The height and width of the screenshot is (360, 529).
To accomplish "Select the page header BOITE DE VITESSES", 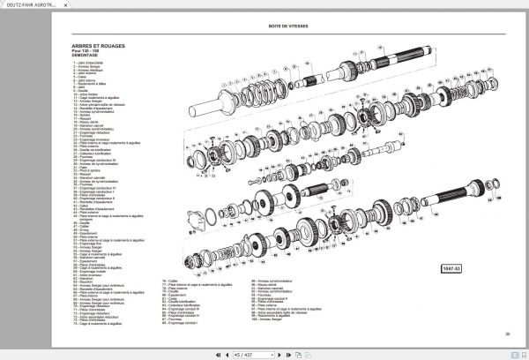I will coord(291,26).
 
